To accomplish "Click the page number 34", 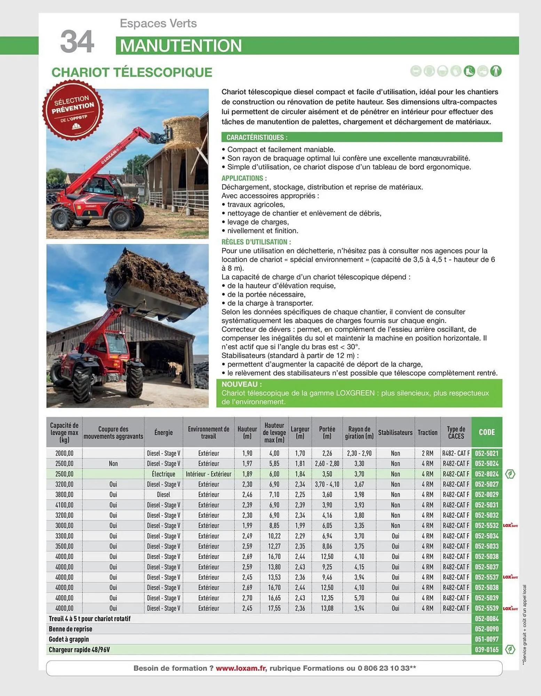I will (77, 41).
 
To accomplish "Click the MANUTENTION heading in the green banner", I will (181, 46).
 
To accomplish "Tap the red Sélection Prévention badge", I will (73, 110).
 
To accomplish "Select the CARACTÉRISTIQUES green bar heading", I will (257, 137).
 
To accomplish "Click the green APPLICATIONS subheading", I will (244, 178).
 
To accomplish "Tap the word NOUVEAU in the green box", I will (241, 384).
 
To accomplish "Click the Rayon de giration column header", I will (359, 432).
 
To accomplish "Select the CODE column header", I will (486, 432).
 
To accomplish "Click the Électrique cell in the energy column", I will (163, 474).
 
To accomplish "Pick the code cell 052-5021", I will (486, 453).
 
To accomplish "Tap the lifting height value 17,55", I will (274, 608).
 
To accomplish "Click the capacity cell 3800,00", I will (64, 495).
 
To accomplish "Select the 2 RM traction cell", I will (427, 453).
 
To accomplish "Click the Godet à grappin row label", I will (69, 639).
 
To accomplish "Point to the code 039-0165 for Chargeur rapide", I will (486, 650).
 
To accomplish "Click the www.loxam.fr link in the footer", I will (241, 668).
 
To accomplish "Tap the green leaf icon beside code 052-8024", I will (510, 474).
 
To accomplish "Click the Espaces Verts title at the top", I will (158, 23).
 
